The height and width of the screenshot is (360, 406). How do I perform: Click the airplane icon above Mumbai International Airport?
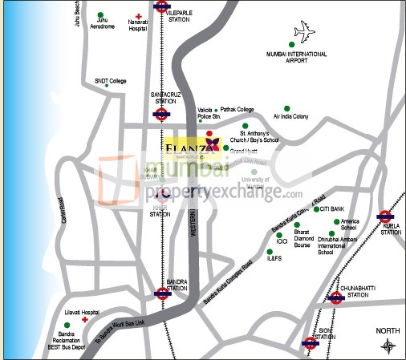pos(305,33)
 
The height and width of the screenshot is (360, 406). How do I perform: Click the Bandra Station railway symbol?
pos(162,293)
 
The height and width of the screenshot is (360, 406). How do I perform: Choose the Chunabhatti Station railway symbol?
pos(336,297)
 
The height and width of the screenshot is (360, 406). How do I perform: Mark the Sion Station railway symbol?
pos(310,343)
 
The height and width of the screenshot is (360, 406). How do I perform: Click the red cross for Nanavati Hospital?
pos(139,17)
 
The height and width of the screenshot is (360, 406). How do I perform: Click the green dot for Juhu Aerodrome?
pos(100,15)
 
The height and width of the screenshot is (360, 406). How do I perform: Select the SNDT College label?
pos(111,81)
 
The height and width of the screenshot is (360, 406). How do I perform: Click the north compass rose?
pos(388,346)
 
